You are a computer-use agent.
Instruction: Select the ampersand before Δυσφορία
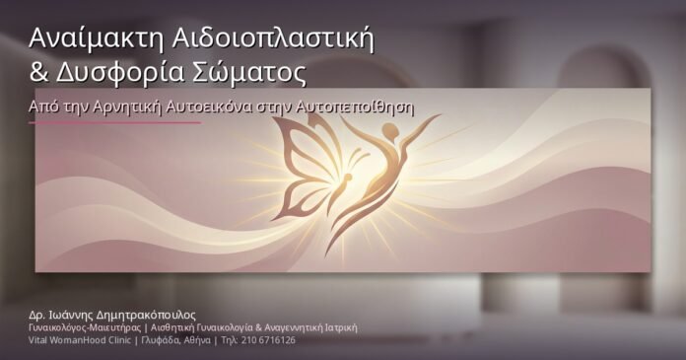pyautogui.click(x=38, y=72)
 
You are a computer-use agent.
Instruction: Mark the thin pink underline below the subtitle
pyautogui.click(x=114, y=123)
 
